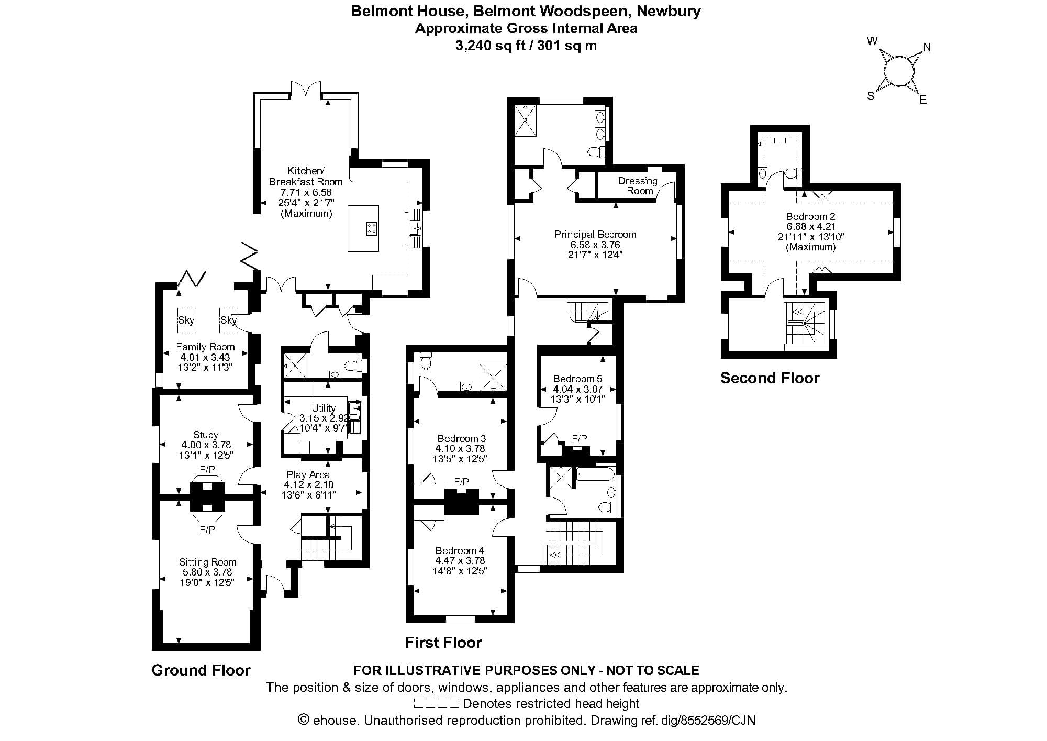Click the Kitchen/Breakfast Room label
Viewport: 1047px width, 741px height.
(x=306, y=176)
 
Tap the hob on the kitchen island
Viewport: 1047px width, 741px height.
(x=371, y=228)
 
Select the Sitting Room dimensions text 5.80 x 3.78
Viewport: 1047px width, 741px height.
(x=207, y=572)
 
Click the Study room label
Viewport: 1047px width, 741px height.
(x=206, y=435)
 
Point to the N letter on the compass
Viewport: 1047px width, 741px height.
(x=927, y=48)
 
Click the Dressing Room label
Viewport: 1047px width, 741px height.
(x=638, y=186)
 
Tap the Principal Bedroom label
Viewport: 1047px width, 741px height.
(x=595, y=234)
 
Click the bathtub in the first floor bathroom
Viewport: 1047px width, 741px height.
(x=595, y=475)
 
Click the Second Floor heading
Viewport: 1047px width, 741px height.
(x=770, y=378)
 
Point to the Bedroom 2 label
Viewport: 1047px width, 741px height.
(x=810, y=216)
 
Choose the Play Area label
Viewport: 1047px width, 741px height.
(x=308, y=474)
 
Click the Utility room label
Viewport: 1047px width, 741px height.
(x=324, y=408)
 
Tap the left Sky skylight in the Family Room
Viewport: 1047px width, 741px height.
(x=186, y=320)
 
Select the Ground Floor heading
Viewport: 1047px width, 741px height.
(x=201, y=670)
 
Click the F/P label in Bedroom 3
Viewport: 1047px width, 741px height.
(x=461, y=481)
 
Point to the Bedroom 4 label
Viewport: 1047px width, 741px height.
(x=460, y=550)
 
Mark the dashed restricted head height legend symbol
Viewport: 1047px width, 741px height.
(x=436, y=703)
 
